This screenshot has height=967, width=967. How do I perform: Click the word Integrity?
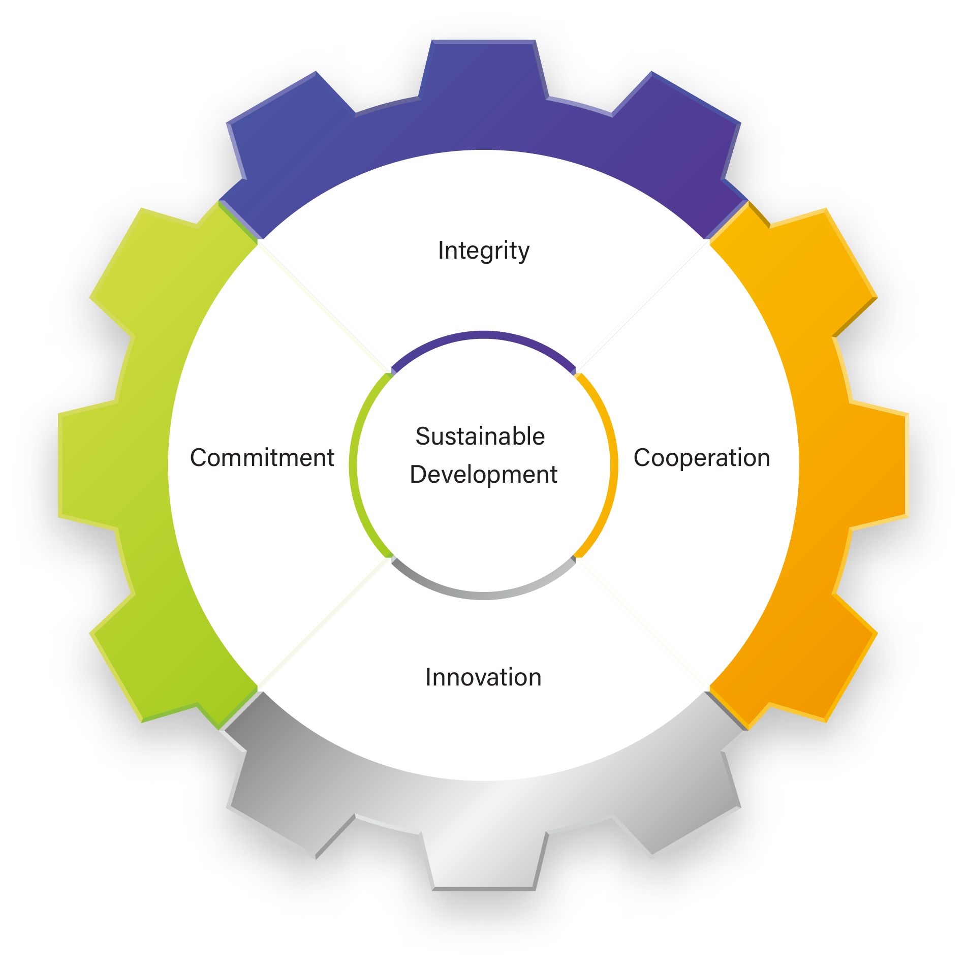(x=483, y=251)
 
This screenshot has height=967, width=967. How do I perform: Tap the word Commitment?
(x=262, y=457)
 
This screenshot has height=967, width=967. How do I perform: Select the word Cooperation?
(x=701, y=457)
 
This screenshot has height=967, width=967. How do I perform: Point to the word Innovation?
(x=483, y=677)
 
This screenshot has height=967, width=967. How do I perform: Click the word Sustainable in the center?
(x=480, y=436)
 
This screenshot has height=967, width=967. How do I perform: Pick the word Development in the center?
(x=483, y=475)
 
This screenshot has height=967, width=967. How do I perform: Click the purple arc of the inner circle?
(x=483, y=335)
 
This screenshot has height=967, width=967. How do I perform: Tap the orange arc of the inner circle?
(x=613, y=465)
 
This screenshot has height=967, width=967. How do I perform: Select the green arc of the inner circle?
(x=353, y=465)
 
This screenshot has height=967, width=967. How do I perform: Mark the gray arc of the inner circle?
(x=483, y=595)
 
